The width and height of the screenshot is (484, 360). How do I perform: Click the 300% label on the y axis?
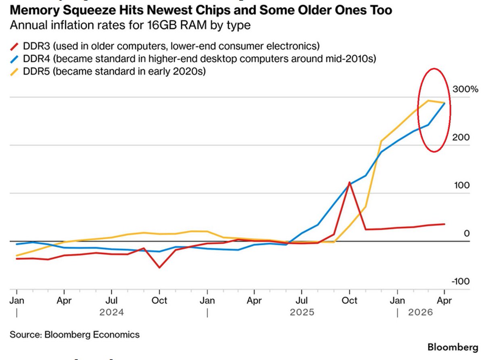coord(465,89)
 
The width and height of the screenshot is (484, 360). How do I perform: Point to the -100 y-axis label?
coord(461,281)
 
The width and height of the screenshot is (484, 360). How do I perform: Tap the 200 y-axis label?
coord(461,137)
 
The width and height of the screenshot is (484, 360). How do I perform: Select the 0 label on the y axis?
coord(467,233)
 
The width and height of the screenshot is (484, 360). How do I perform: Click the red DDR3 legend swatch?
coord(14,47)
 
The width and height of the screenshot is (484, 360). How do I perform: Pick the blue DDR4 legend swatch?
coord(14,59)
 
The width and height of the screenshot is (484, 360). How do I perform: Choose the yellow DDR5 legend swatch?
coord(14,72)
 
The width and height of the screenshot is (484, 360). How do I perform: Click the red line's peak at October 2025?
coord(349,182)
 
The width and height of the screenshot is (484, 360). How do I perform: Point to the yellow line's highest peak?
coord(428,100)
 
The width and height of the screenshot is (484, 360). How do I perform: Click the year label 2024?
coord(111,312)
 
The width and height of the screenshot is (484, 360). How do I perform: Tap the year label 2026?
coord(420,312)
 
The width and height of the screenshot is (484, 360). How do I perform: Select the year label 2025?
coord(302,312)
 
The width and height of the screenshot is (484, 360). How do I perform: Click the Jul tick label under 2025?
coord(302,301)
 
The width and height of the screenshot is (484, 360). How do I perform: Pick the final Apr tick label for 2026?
coord(444,301)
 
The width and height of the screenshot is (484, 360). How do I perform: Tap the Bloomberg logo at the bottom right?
coord(453,347)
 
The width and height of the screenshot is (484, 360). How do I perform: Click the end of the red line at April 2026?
coord(444,224)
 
